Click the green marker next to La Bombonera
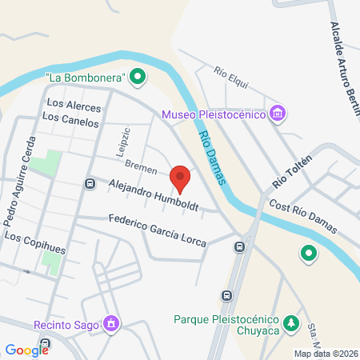pyautogui.click(x=138, y=77)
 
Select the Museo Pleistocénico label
pyautogui.click(x=214, y=114)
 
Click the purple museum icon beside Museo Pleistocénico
pyautogui.click(x=278, y=114)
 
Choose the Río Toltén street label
pyautogui.click(x=291, y=170)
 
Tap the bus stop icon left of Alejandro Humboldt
pyautogui.click(x=90, y=185)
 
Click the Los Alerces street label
pyautogui.click(x=74, y=106)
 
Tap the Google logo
pyautogui.click(x=26, y=349)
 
